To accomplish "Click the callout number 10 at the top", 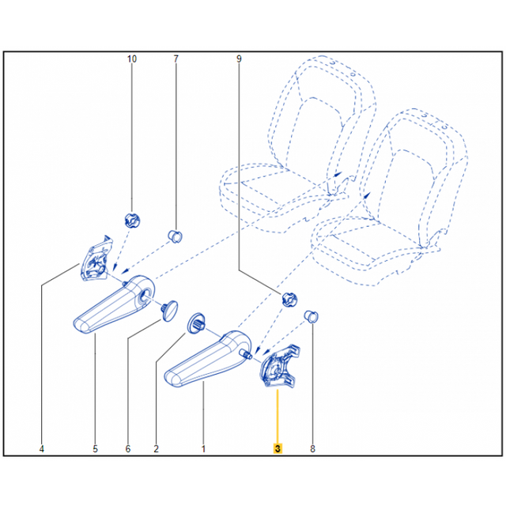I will click(131, 59).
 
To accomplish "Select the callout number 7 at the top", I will click(176, 59).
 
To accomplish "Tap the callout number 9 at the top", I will click(239, 59).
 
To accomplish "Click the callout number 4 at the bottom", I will click(42, 449).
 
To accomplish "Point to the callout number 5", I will click(95, 449).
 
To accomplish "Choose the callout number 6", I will click(128, 449).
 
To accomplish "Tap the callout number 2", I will click(156, 449).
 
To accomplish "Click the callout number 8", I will click(312, 449).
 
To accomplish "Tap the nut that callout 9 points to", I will click(289, 299).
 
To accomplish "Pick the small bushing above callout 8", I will click(312, 317).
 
